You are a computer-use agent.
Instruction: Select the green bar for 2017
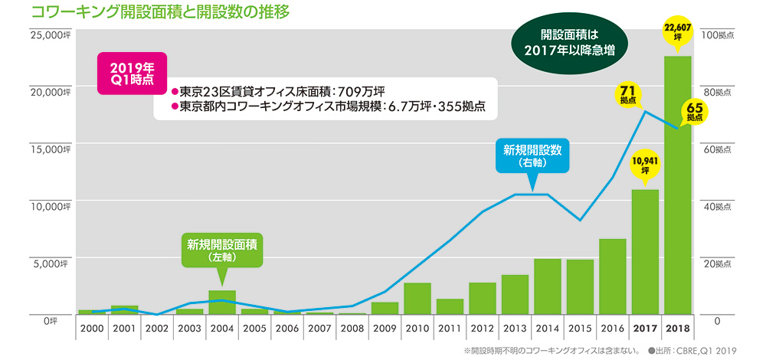point(645,252)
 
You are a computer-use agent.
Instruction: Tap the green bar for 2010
point(417,299)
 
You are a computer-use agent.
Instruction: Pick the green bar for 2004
point(222,303)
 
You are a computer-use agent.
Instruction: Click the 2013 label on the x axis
point(515,328)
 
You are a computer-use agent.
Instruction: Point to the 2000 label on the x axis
point(91,328)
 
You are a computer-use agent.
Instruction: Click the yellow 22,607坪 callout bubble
point(678,31)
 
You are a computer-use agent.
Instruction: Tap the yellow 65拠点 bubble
point(694,112)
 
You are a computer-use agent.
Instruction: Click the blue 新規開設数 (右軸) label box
point(532,155)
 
